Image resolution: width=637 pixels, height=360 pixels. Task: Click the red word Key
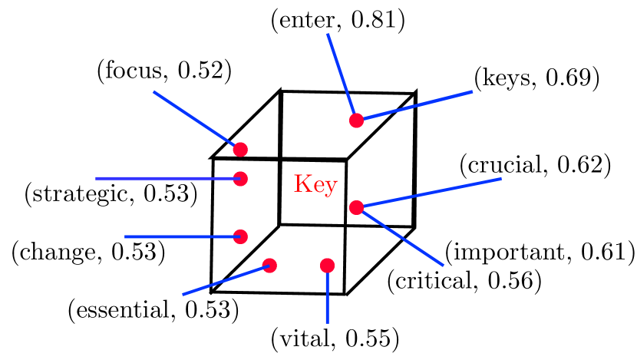pos(315,185)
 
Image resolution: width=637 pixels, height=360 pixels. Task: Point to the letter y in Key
pos(331,187)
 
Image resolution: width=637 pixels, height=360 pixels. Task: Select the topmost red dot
pos(356,121)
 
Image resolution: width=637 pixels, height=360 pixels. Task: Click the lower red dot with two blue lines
pos(356,207)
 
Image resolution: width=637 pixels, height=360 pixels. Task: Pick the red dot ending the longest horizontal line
pos(240,179)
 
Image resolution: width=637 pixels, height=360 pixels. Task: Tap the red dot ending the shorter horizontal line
pos(240,236)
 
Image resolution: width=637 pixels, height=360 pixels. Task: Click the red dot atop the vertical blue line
pos(327,266)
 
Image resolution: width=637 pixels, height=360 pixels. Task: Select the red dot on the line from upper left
pos(240,150)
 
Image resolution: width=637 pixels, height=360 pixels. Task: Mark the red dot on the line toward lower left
pos(269,266)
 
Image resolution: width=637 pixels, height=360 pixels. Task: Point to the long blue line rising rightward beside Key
pos(430,193)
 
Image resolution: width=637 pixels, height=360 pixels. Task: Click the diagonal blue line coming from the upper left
pos(196,120)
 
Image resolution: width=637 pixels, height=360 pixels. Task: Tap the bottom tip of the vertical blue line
pos(327,322)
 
